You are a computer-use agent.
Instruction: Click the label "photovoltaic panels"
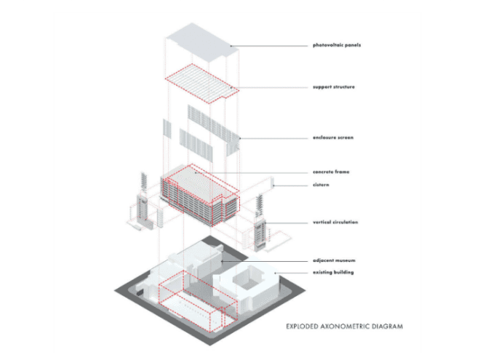pos(337,45)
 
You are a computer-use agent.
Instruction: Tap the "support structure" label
pos(334,87)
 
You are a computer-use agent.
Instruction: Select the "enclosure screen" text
pos(333,137)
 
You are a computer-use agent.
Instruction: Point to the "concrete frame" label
pos(331,172)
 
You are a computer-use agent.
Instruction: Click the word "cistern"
pos(321,185)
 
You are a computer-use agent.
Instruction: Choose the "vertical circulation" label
pos(335,223)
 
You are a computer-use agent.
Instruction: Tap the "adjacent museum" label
pos(334,260)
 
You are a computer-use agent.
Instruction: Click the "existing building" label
pos(333,272)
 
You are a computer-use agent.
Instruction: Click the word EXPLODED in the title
pos(302,327)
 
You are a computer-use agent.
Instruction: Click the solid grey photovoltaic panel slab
pos(202,42)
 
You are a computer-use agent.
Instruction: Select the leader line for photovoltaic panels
pos(269,46)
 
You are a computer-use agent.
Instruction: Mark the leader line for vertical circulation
pos(287,223)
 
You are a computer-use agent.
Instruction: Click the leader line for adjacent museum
pos(265,261)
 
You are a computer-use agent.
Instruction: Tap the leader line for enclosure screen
pos(273,138)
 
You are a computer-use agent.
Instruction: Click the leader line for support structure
pos(269,87)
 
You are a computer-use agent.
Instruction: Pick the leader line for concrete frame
pos(252,172)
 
